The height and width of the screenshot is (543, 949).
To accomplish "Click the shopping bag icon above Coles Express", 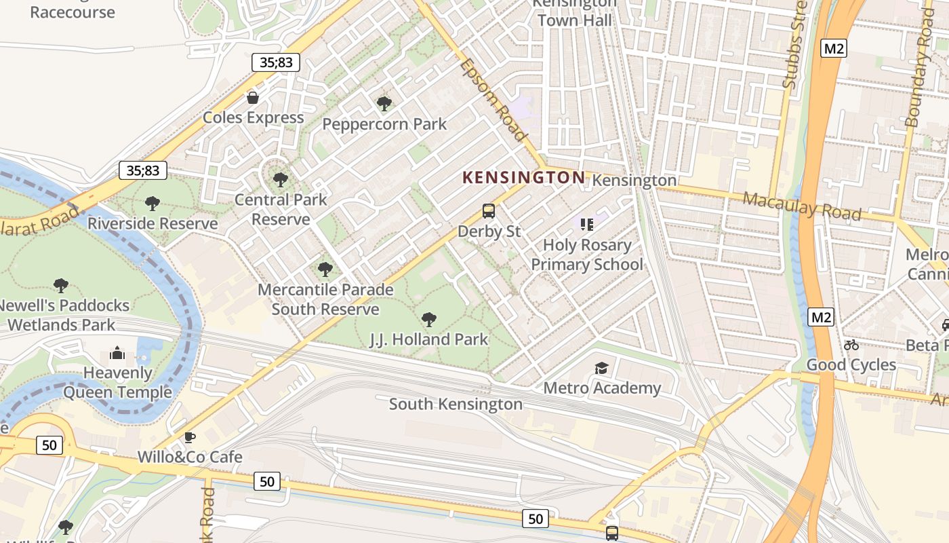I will coord(253,98).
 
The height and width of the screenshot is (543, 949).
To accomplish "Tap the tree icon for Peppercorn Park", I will coord(384,104).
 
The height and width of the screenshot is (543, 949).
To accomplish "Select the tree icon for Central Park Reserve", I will coord(280,180).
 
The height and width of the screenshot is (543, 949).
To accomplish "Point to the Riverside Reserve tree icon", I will coord(153,203).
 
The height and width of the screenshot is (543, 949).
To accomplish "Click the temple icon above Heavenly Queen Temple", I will coord(117,353).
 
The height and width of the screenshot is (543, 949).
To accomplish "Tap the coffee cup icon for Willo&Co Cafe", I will coord(190,437).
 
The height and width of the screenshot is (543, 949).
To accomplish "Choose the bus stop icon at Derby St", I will coord(489,211).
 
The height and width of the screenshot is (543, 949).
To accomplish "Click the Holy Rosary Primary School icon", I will coord(586,224).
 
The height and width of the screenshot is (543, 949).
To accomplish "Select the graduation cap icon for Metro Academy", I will coord(601,368).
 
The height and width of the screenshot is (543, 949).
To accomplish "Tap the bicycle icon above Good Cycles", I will coord(851,345).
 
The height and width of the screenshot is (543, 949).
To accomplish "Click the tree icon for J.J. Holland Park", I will coord(428,319).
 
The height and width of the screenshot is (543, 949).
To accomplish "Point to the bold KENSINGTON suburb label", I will coord(523,178).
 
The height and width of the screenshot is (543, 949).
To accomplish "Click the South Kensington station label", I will coord(456,405).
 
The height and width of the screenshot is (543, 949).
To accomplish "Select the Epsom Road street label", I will coord(493,99).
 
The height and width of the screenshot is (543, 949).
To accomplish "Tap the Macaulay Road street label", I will coord(802,206).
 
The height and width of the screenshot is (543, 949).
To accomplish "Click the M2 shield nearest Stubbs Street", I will coord(834,48).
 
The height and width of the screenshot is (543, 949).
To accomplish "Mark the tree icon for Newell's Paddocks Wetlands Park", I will coord(61,286).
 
